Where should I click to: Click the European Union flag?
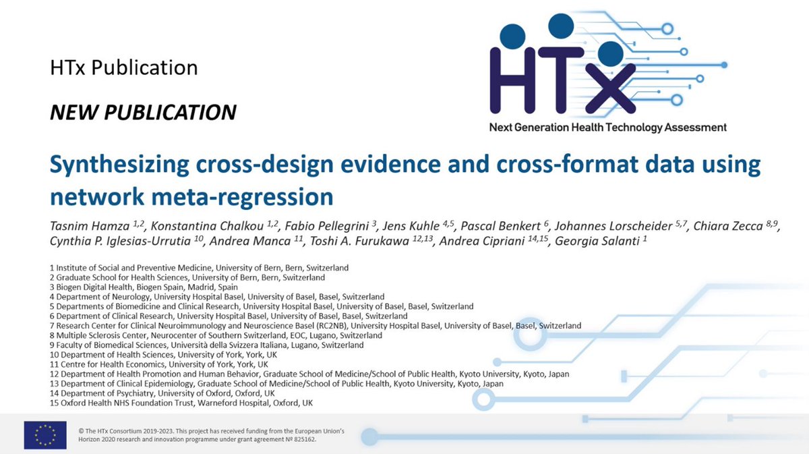coord(45,434)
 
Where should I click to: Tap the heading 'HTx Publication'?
coord(123,68)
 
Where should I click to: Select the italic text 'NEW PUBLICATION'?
coord(143,112)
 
